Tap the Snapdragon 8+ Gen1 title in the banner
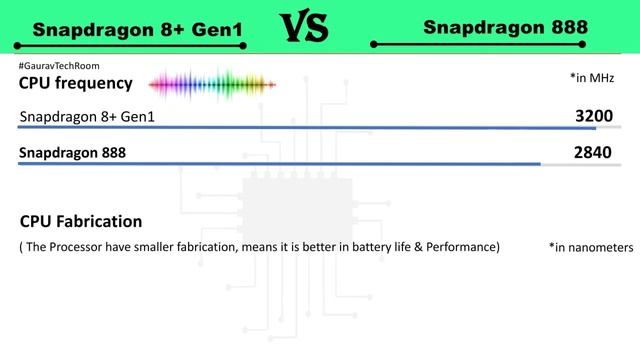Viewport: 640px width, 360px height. click(x=138, y=30)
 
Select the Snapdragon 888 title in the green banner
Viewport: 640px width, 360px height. click(x=504, y=27)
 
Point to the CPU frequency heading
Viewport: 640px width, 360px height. click(x=76, y=83)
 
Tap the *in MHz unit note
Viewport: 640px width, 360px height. click(x=591, y=78)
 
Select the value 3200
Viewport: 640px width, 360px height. click(x=594, y=116)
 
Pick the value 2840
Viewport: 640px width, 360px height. click(x=594, y=153)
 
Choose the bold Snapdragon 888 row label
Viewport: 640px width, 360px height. click(x=80, y=154)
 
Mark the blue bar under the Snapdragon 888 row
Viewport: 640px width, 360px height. click(x=279, y=164)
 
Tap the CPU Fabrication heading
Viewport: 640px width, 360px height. click(x=81, y=221)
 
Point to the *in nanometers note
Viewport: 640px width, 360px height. click(x=591, y=247)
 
